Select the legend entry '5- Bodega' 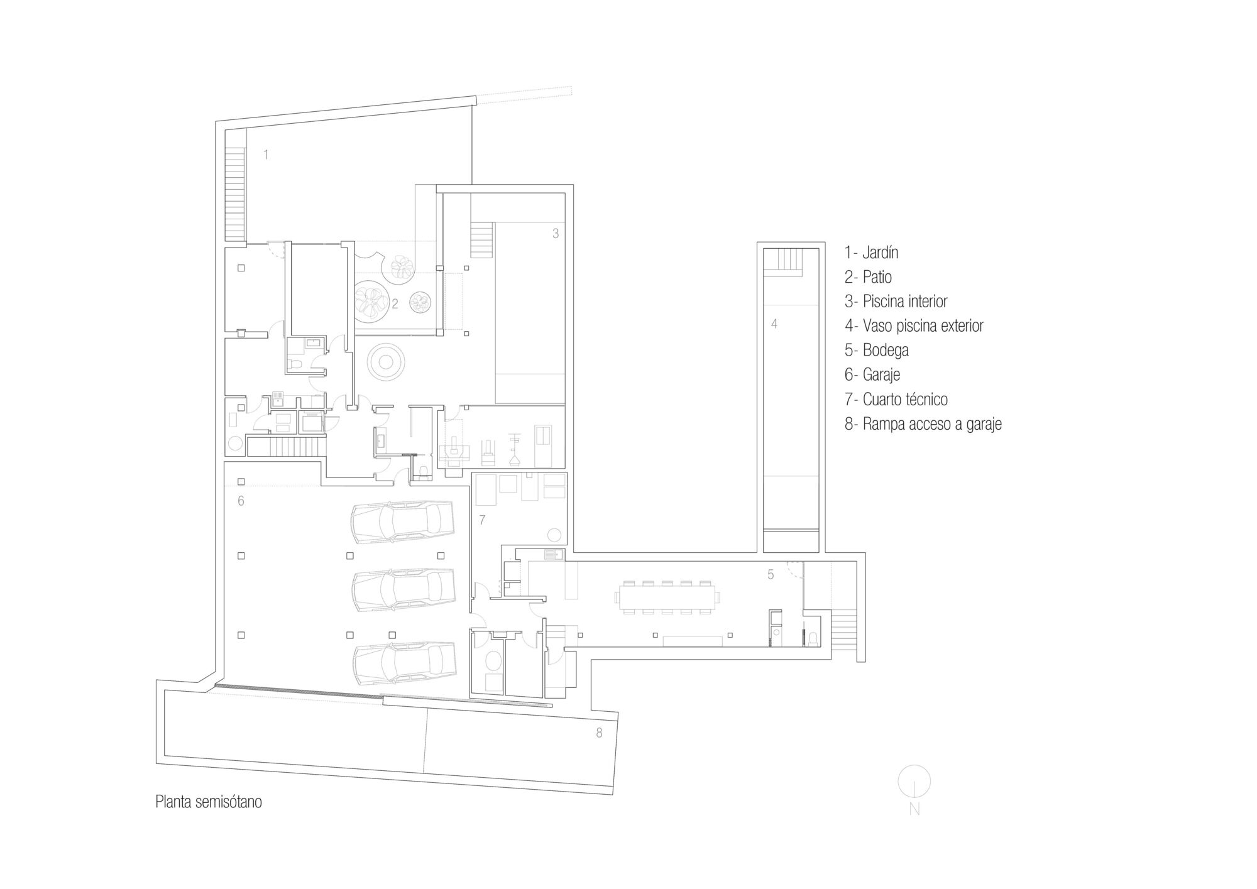point(876,350)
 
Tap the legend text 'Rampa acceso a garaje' point(931,424)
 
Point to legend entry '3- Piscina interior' point(896,302)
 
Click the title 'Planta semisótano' point(208,802)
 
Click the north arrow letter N point(914,810)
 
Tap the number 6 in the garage point(241,501)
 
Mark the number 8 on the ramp point(599,733)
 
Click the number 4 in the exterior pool point(774,324)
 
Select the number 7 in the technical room point(482,520)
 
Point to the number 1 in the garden point(266,155)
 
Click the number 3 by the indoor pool point(555,234)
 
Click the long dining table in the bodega point(667,597)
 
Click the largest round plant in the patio point(370,300)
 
